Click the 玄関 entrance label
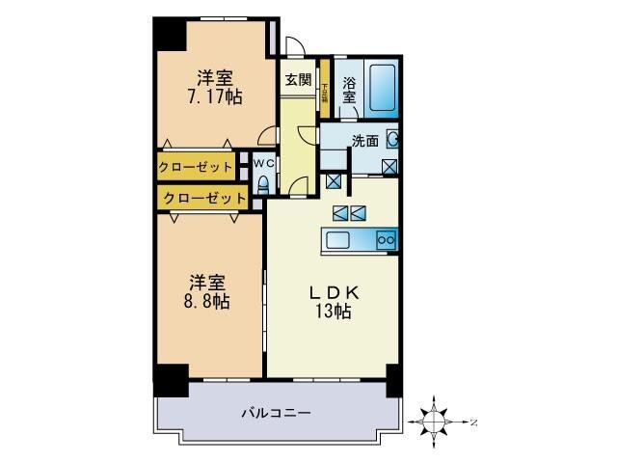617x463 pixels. coord(298,80)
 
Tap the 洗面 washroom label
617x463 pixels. coord(364,141)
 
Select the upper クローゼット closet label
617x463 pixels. coord(197,167)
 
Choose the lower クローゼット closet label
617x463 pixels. coord(202,198)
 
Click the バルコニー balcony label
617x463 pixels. coord(275,413)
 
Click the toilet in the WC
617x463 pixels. coord(265,184)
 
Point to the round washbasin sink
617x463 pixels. coord(392,140)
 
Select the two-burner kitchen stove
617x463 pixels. coord(386,240)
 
